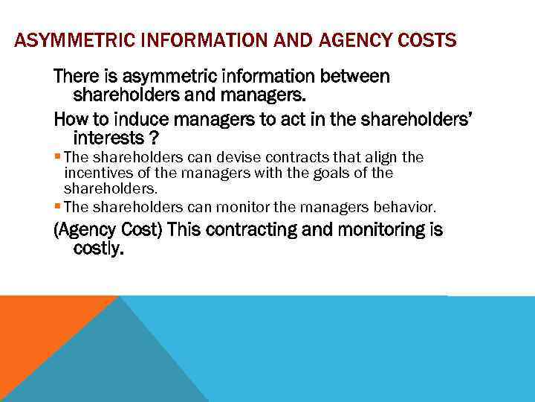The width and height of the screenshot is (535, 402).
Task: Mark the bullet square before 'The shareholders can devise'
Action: (x=57, y=157)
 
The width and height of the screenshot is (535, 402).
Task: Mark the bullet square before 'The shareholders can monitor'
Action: (x=57, y=205)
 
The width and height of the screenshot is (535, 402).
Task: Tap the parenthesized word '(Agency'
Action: (x=81, y=230)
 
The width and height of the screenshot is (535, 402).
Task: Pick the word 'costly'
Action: (x=97, y=249)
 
